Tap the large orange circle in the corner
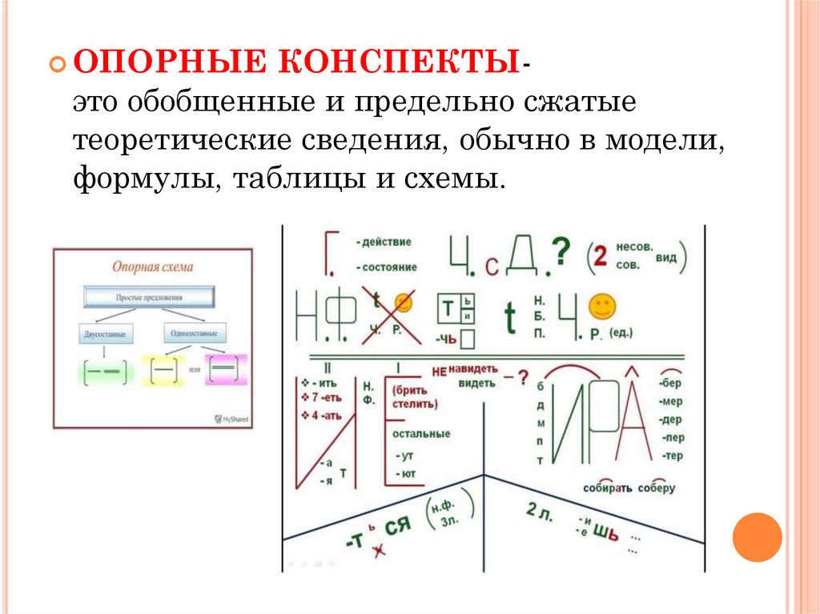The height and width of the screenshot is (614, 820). [757, 536]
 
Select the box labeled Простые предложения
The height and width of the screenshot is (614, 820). [148, 297]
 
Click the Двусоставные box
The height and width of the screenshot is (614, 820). [105, 333]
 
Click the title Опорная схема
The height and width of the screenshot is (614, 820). [152, 267]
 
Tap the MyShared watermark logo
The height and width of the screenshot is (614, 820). [232, 419]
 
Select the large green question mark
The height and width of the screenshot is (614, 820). [563, 252]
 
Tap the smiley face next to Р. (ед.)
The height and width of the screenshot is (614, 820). [602, 306]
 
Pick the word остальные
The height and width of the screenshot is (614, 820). [420, 434]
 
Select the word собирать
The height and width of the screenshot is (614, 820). [608, 488]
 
